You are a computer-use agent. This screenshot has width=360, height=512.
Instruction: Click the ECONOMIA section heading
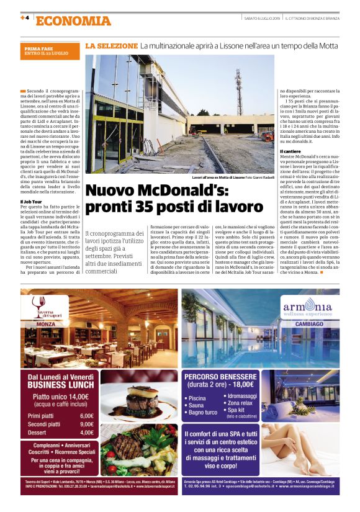coord(73,21)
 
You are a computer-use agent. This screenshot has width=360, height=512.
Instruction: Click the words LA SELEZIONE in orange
coord(111,46)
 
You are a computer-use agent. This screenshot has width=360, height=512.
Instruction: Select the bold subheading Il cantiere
coord(292,151)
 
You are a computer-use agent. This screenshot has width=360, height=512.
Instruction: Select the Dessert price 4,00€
coord(86,432)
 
